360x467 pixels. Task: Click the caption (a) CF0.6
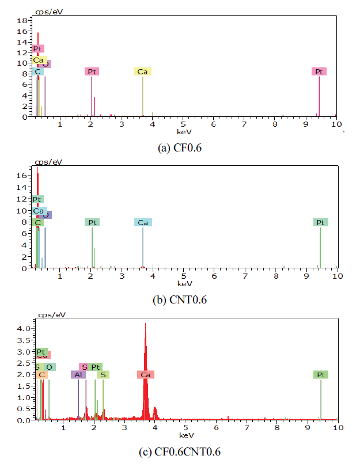[x=179, y=147]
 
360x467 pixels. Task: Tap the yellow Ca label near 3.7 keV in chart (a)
[x=142, y=71]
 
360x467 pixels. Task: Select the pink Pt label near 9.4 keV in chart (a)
[x=319, y=71]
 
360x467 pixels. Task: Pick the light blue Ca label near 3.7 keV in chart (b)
[x=143, y=222]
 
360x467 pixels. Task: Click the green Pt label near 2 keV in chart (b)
[x=92, y=222]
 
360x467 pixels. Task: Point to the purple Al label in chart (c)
[x=78, y=374]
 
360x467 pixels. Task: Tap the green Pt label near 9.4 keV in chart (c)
[x=321, y=374]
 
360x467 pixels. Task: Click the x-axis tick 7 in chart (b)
[x=245, y=276]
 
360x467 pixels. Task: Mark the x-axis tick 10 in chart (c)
[x=338, y=427]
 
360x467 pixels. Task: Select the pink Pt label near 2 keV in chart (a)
[x=92, y=71]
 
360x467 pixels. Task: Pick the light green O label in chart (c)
[x=50, y=367]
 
